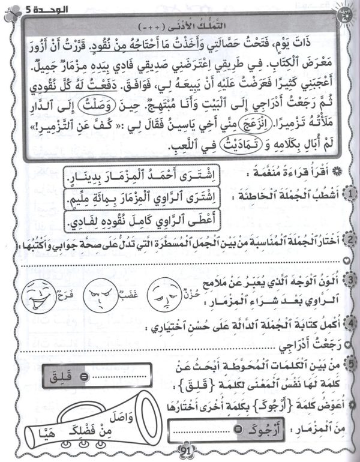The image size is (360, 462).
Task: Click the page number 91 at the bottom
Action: (179, 452)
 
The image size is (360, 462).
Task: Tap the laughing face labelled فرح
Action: (40, 295)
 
